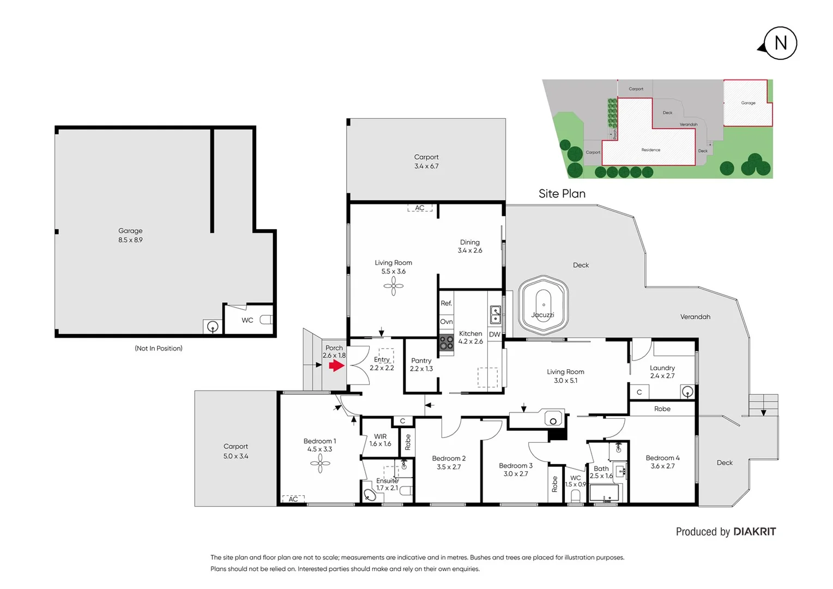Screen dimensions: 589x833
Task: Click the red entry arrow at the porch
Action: pyautogui.click(x=336, y=365)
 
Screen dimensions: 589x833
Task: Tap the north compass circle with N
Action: pyautogui.click(x=780, y=43)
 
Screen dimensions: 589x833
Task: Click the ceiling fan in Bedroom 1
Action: pyautogui.click(x=320, y=464)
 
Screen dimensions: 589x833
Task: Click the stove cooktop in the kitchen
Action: pyautogui.click(x=446, y=342)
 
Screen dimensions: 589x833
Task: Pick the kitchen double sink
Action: pyautogui.click(x=496, y=315)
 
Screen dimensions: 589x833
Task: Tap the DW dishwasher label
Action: pyautogui.click(x=494, y=334)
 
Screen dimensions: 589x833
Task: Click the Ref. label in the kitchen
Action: pyautogui.click(x=446, y=303)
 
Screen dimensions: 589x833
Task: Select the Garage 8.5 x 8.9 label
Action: pyautogui.click(x=130, y=235)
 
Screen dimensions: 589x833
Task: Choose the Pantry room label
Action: pyautogui.click(x=421, y=364)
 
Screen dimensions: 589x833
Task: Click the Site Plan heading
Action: pyautogui.click(x=562, y=194)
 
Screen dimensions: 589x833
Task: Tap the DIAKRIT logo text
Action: pyautogui.click(x=754, y=532)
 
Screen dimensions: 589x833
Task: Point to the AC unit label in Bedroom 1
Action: pyautogui.click(x=293, y=499)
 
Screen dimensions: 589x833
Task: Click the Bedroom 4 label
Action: pyautogui.click(x=662, y=462)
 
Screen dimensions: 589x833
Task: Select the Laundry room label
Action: pyautogui.click(x=662, y=371)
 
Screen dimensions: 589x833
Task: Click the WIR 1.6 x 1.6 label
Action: pyautogui.click(x=380, y=440)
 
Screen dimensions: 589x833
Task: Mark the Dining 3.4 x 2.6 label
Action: pyautogui.click(x=469, y=246)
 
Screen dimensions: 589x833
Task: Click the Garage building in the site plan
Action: pyautogui.click(x=747, y=103)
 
